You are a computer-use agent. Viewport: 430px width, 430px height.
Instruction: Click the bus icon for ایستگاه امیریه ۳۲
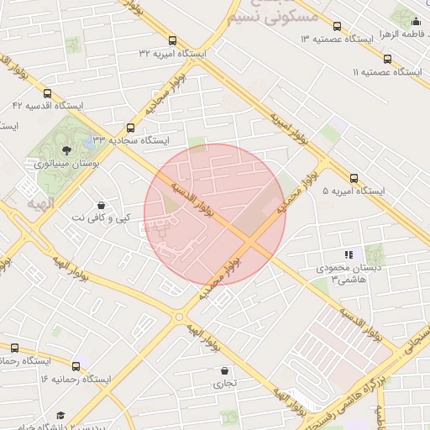click(172, 40)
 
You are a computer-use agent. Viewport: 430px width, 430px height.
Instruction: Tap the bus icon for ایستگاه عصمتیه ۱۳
click(338, 26)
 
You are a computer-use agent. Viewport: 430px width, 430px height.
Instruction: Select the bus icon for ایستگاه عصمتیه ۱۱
click(387, 59)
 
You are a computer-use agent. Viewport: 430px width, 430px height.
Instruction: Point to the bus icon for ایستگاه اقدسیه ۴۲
click(47, 93)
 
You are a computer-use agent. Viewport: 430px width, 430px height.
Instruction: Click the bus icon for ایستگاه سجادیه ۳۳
click(129, 128)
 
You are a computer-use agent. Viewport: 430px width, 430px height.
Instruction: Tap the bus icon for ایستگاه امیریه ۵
click(354, 178)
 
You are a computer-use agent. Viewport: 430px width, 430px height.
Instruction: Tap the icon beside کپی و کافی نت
click(102, 204)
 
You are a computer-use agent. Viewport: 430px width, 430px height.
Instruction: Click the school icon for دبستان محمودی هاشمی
click(348, 254)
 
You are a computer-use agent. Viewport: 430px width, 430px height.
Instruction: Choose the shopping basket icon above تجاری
click(224, 370)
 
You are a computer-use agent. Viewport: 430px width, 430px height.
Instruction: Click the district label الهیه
click(39, 204)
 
